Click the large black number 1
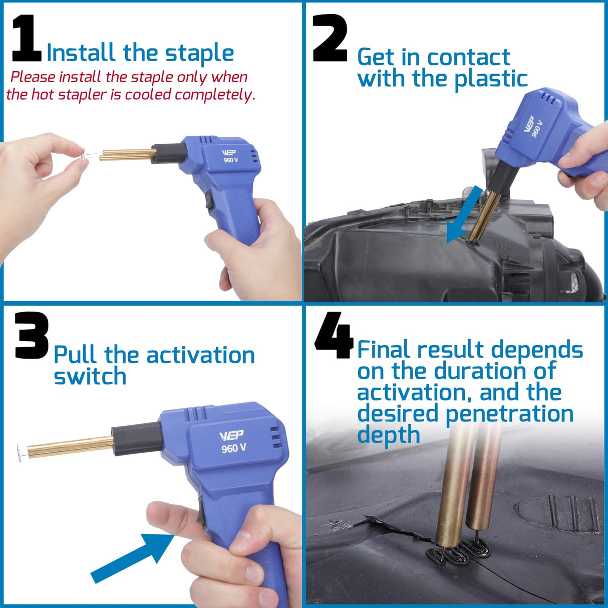tap(27, 39)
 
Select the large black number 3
tap(31, 336)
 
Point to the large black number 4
tap(333, 336)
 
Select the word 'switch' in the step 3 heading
tap(90, 377)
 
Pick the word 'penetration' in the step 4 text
tap(509, 414)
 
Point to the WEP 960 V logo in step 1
tap(230, 156)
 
